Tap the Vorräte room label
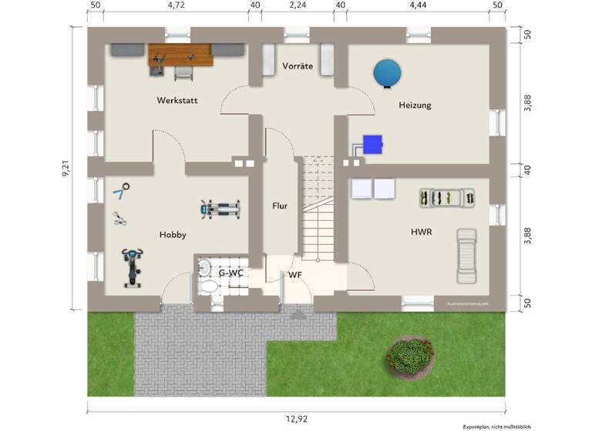coord(298,66)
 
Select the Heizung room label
coord(415,105)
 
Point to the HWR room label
coord(420,231)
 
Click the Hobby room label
coord(173,235)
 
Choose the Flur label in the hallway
coord(280,206)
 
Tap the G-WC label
coord(230,273)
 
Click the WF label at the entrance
coord(295,275)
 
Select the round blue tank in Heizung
coord(387,74)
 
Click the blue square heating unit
coord(374,144)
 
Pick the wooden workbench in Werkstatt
coord(180,54)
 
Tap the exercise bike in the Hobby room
coord(133,267)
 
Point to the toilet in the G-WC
coord(204,275)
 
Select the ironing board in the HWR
coord(467,256)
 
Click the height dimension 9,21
coord(67,169)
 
